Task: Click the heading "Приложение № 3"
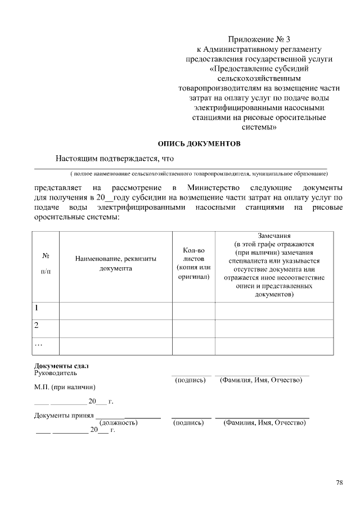coord(259,39)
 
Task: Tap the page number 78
coord(339,482)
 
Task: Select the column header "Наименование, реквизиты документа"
coord(115,263)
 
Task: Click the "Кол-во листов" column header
coord(193,263)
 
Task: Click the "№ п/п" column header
coord(45,263)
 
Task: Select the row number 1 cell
coord(37,308)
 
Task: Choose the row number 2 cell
coord(37,326)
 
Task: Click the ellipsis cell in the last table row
coord(39,344)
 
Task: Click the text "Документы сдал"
coord(62,366)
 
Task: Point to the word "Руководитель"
coord(56,373)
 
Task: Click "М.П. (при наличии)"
coord(65,388)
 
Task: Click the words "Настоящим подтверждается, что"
coord(114,159)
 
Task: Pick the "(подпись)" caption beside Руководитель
coord(190,381)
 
